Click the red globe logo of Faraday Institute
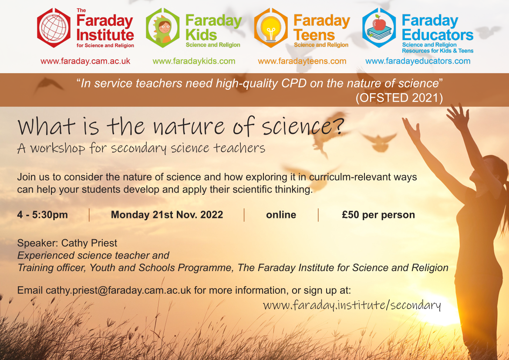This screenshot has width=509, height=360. coord(54,28)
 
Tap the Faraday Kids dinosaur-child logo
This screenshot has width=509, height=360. coord(163,28)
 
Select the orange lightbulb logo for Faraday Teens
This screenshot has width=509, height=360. coord(271,28)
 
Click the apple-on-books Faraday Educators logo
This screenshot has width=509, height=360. coord(379,28)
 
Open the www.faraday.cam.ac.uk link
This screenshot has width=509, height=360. coord(85,61)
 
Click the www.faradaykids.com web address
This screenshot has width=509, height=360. coord(194,61)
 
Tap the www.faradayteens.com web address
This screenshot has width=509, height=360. coord(302,61)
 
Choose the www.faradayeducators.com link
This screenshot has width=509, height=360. coord(418,61)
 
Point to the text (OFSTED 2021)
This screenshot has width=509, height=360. coord(399,98)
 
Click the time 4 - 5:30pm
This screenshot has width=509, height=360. coord(43,215)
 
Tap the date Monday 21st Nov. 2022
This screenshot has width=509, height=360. coord(167,215)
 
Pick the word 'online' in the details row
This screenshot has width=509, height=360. coord(281,215)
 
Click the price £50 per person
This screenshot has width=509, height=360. coord(378,215)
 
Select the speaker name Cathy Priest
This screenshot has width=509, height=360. coord(89,243)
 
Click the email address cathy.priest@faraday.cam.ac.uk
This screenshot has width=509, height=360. coord(118,290)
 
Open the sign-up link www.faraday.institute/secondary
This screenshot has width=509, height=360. coord(352,305)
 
